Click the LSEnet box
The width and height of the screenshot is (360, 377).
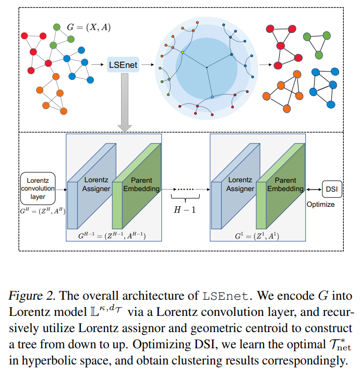tap(123, 65)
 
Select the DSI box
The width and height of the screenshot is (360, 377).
tap(332, 189)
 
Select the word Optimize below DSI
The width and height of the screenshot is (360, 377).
tap(320, 204)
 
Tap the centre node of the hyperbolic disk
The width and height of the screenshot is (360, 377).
tap(207, 67)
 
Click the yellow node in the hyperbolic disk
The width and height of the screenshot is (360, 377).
tap(182, 52)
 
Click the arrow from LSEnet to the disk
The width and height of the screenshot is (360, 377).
tap(148, 65)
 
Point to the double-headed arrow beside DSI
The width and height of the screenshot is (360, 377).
tap(314, 189)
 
